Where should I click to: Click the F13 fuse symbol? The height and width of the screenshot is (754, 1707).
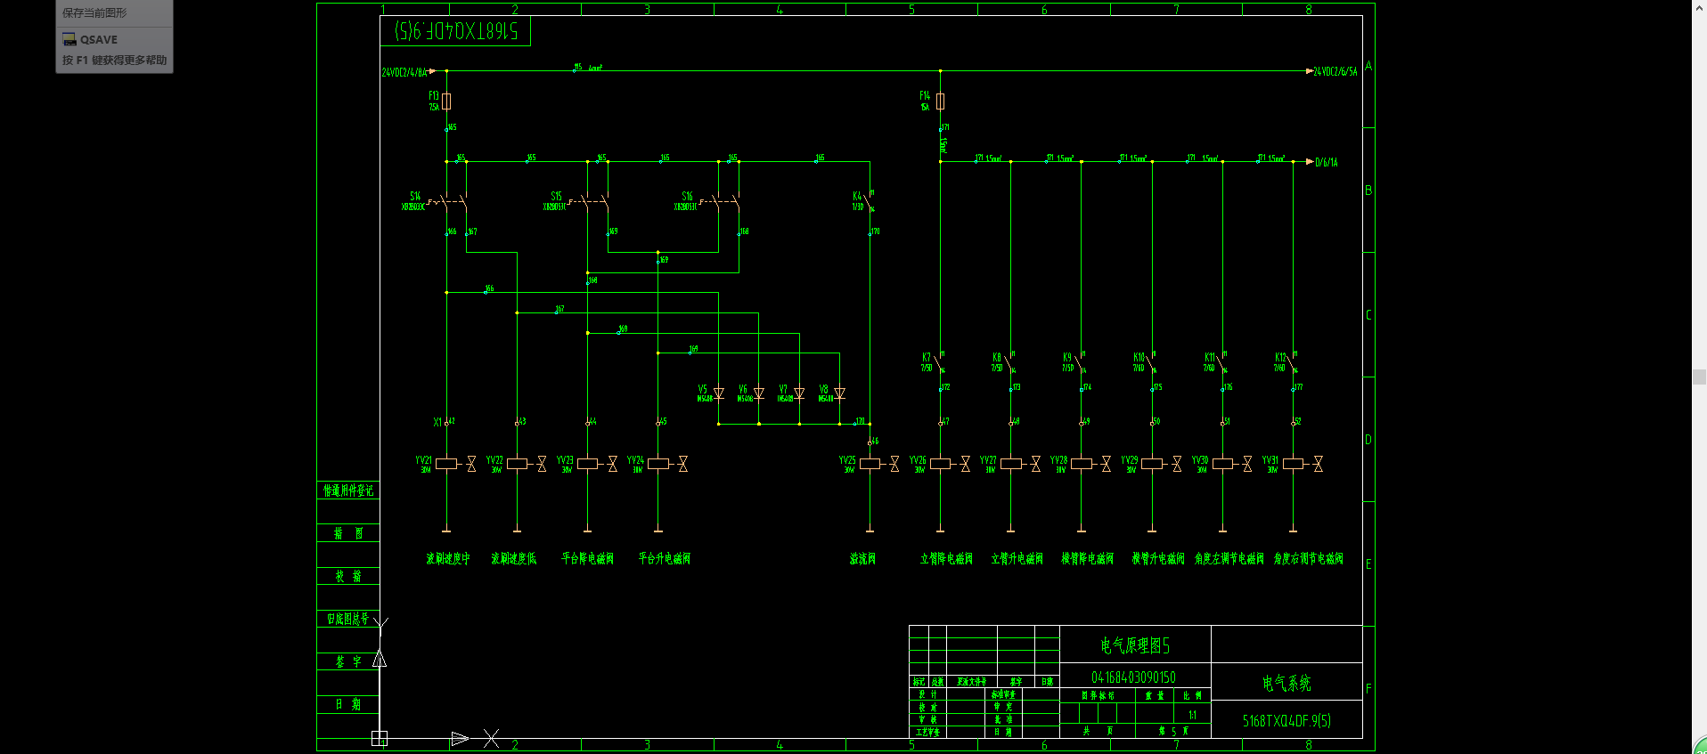[446, 101]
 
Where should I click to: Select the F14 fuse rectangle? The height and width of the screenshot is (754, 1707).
[940, 101]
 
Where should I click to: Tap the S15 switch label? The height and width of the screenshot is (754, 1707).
[556, 196]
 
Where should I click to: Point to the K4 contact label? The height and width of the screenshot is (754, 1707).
[857, 196]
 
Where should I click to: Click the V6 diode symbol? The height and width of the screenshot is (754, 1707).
[758, 393]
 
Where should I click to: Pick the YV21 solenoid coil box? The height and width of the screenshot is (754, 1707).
[446, 464]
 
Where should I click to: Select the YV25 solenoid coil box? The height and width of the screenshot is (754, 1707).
[870, 464]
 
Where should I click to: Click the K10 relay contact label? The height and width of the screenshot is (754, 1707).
[1139, 357]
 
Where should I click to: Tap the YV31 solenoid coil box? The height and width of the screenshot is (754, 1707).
[1293, 464]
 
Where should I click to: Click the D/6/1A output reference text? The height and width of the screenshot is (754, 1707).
[1327, 163]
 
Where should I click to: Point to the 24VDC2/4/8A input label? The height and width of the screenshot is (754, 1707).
[404, 72]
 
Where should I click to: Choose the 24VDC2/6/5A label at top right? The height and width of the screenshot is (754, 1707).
[1335, 71]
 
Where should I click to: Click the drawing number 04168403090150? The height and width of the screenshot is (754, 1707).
[1133, 677]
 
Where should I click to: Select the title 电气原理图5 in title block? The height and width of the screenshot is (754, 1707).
[1134, 645]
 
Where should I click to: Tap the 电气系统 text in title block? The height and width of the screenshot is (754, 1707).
[1286, 684]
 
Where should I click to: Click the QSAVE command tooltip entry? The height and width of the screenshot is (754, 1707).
[98, 39]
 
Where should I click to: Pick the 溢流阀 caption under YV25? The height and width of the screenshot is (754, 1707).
[862, 559]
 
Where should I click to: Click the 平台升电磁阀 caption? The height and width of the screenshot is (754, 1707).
[664, 559]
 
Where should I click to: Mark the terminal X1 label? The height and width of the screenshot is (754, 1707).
[437, 422]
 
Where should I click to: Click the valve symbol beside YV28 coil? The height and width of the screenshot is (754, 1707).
[1106, 464]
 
